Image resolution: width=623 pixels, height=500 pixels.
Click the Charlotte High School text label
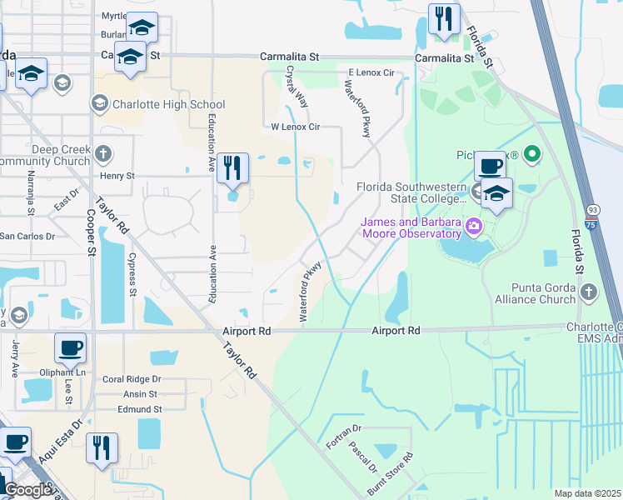[166, 104]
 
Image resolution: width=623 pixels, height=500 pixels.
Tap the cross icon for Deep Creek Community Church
[102, 153]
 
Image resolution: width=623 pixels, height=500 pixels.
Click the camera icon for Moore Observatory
[474, 226]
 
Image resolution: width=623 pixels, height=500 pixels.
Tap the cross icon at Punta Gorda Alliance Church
[589, 291]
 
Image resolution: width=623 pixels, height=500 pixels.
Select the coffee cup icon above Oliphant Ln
[70, 347]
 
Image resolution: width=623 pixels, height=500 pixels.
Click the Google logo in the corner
[27, 489]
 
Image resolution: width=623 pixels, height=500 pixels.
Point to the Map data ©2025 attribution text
[586, 493]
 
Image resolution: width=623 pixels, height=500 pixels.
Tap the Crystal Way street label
[297, 86]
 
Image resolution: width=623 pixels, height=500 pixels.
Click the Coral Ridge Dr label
[131, 378]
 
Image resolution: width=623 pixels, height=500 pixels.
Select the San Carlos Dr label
[27, 236]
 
